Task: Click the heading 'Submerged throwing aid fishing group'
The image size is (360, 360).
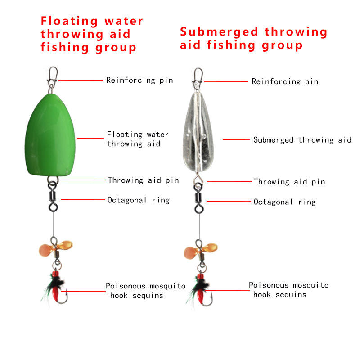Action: [x=253, y=38]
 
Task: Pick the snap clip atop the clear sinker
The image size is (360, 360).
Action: [x=197, y=77]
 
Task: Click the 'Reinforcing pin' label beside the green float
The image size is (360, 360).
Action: [x=139, y=81]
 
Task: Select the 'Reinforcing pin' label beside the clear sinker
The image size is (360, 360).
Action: [x=285, y=81]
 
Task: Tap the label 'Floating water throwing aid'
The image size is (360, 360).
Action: [x=138, y=139]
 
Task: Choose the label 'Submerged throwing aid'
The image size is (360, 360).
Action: [x=302, y=140]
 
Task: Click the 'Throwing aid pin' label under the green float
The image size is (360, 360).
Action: [x=143, y=180]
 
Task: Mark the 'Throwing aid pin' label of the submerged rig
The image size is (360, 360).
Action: [x=289, y=182]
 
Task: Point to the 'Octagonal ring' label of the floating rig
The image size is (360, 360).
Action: [x=138, y=200]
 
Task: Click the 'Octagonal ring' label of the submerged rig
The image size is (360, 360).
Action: [x=284, y=202]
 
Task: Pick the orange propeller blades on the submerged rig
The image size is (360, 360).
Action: [x=201, y=248]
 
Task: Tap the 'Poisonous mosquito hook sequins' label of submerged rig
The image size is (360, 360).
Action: [x=288, y=290]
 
